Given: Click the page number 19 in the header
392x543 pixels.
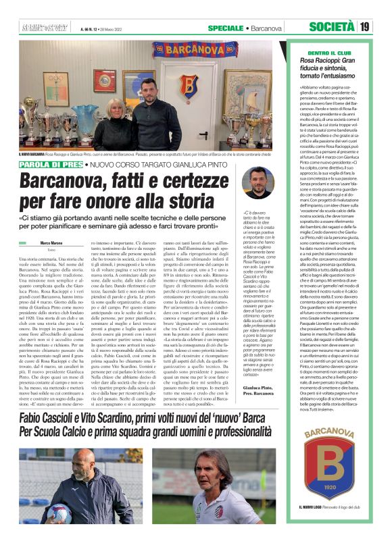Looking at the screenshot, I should tap(365, 27).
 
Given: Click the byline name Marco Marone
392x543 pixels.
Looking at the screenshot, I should tap(51, 242).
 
